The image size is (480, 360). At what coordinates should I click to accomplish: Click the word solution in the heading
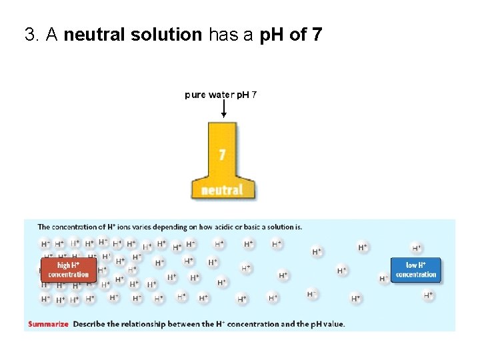click(x=166, y=35)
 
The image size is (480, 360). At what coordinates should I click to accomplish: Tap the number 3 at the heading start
click(x=29, y=35)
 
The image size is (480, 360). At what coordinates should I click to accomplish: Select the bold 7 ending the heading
click(x=317, y=35)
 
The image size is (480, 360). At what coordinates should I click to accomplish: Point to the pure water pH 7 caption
click(x=221, y=95)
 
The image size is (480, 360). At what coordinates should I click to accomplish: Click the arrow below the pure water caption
click(x=223, y=109)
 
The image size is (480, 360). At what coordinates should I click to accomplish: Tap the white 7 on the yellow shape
click(x=222, y=155)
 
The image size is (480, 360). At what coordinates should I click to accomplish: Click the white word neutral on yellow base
click(x=222, y=190)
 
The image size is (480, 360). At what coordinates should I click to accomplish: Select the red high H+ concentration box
click(x=68, y=270)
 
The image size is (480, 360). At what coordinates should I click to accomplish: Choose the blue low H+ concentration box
click(x=415, y=270)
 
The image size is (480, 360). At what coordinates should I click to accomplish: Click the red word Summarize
click(x=48, y=325)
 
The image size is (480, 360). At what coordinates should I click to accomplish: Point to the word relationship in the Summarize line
click(x=162, y=325)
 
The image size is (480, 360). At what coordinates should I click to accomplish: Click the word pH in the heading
click(x=271, y=35)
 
